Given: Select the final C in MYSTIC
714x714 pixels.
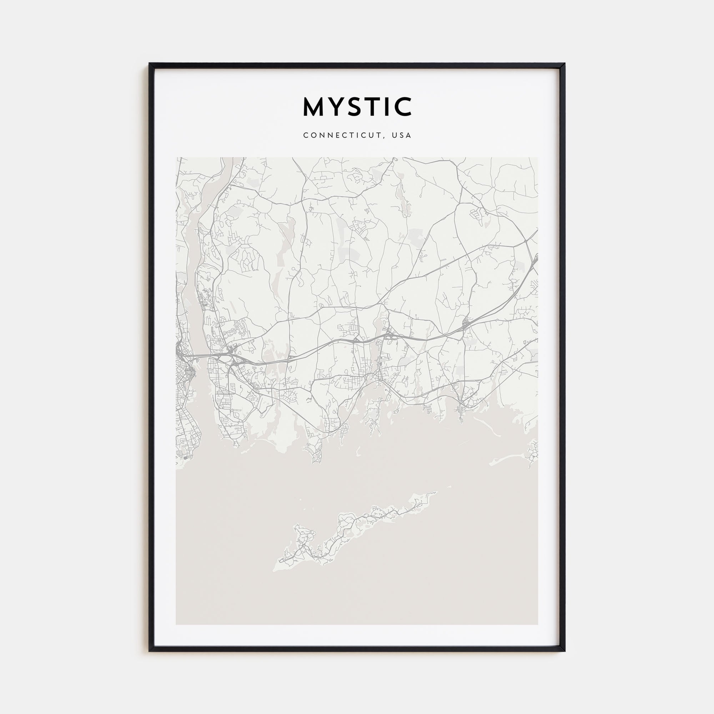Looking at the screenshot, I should click(403, 107).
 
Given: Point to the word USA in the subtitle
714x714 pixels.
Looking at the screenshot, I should click(402, 135).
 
